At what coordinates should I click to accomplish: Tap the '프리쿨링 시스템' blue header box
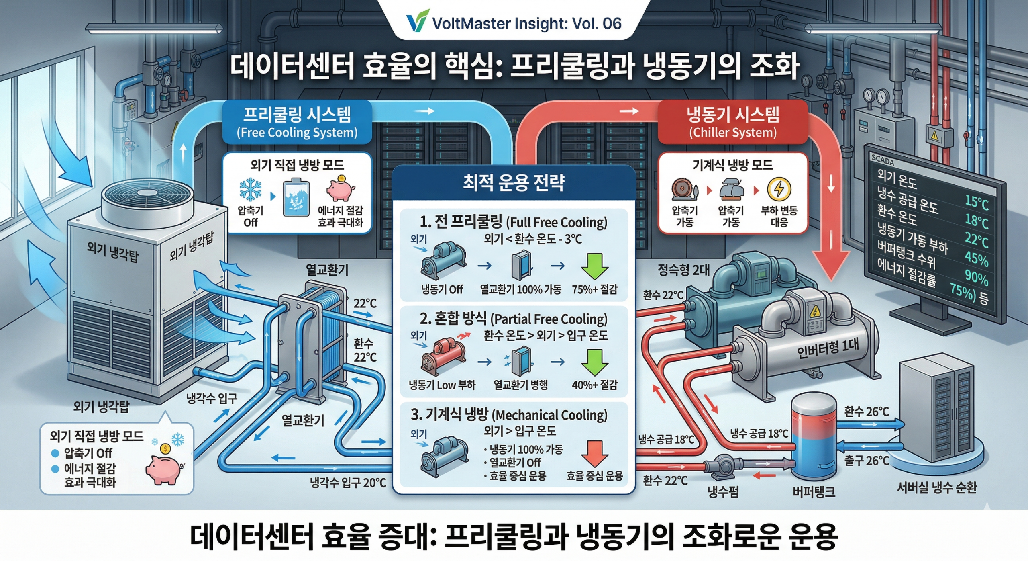pyautogui.click(x=297, y=122)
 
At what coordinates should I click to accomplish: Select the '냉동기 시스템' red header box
pyautogui.click(x=732, y=122)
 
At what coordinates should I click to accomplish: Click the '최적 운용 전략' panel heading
pyautogui.click(x=514, y=183)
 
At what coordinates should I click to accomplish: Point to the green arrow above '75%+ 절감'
pyautogui.click(x=594, y=266)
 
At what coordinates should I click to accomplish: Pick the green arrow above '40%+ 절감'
pyautogui.click(x=594, y=362)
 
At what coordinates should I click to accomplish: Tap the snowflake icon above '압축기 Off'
pyautogui.click(x=250, y=189)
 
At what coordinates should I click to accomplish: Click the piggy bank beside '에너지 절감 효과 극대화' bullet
pyautogui.click(x=164, y=468)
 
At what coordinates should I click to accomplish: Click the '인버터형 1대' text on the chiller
pyautogui.click(x=827, y=348)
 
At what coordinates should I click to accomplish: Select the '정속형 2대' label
pyautogui.click(x=684, y=270)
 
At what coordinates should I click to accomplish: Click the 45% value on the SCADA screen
pyautogui.click(x=976, y=258)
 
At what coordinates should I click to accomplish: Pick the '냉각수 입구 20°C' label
pyautogui.click(x=348, y=482)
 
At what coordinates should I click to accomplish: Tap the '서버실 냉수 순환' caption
pyautogui.click(x=936, y=488)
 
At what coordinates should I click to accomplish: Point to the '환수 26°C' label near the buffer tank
pyautogui.click(x=866, y=412)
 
